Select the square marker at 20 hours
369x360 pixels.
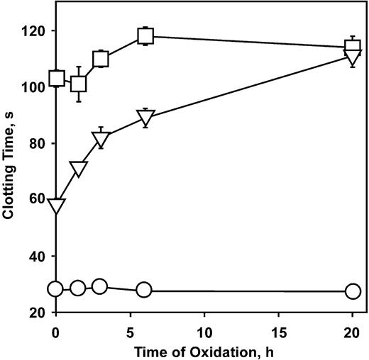pyautogui.click(x=353, y=47)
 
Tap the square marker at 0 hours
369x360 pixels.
pyautogui.click(x=56, y=78)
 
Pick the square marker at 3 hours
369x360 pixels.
pyautogui.click(x=100, y=59)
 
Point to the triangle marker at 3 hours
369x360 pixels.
pyautogui.click(x=100, y=139)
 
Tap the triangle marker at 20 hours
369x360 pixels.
pyautogui.click(x=353, y=58)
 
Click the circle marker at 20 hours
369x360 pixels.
pyautogui.click(x=353, y=291)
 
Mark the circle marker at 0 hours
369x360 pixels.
pyautogui.click(x=55, y=288)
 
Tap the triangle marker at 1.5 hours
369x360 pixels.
pyautogui.click(x=78, y=169)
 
